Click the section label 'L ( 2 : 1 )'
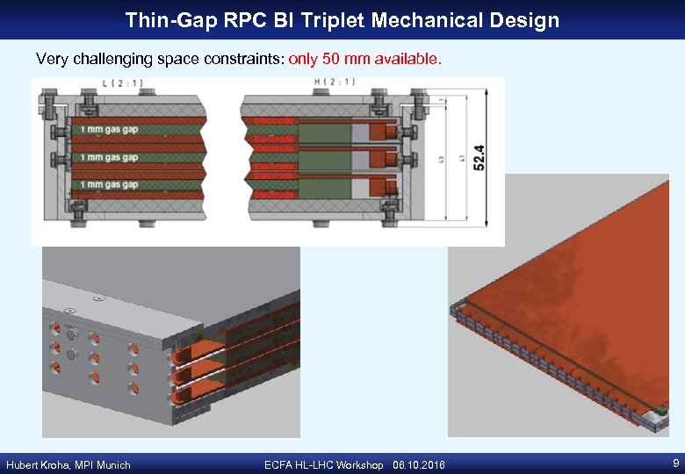[123, 84]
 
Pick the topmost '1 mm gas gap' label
[109, 130]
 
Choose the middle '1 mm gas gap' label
[109, 158]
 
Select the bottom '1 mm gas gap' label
[109, 185]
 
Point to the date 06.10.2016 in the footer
[420, 465]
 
